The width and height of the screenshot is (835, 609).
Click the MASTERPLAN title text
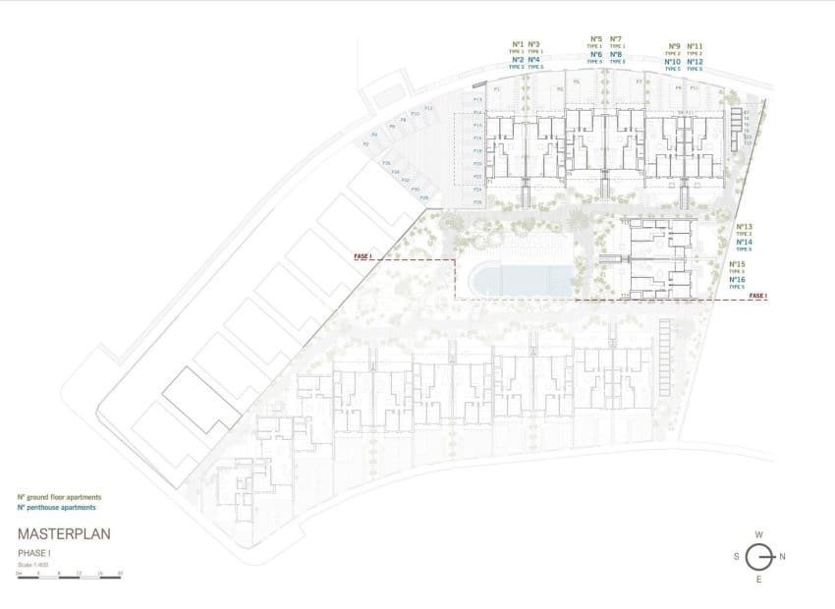64,535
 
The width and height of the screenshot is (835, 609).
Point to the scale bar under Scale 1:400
69,576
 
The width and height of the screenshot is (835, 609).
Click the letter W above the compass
758,534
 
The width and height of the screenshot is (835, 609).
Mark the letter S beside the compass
736,556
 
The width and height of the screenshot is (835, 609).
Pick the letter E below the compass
758,581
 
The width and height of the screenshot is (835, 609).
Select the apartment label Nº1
517,45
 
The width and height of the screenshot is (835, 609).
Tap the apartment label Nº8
616,55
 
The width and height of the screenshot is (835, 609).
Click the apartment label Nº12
695,62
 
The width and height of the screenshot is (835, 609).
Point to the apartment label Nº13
744,226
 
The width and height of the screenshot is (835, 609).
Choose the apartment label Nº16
738,280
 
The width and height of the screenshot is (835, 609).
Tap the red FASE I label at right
757,296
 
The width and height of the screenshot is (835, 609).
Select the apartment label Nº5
595,39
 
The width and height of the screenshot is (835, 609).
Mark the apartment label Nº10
673,62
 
